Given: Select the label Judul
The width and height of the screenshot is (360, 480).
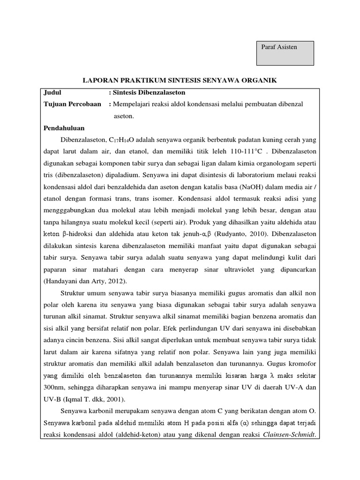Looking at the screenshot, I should pyautogui.click(x=52, y=92).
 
